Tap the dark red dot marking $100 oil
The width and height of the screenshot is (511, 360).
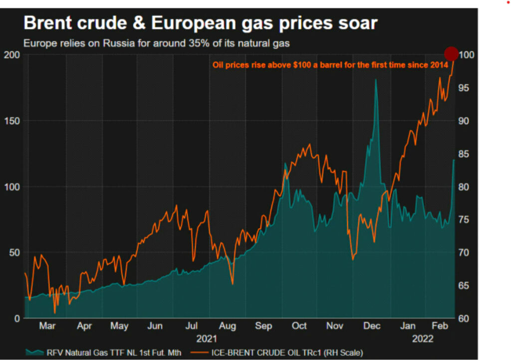[x=451, y=53]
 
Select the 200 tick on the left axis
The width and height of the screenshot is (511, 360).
[x=10, y=55]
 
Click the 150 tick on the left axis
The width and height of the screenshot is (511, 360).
[x=10, y=121]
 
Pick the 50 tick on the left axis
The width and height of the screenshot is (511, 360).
[x=12, y=253]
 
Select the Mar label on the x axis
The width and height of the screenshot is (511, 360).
[x=47, y=326]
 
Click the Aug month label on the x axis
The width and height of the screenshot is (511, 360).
[x=228, y=326]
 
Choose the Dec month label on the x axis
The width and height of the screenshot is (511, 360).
[x=372, y=326]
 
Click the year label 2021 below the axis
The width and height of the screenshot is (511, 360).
[x=207, y=339]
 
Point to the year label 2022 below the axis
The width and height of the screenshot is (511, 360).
[x=422, y=339]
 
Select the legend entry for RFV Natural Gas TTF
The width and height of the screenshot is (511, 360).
[x=100, y=353]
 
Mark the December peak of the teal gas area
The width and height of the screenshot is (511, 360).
[x=376, y=80]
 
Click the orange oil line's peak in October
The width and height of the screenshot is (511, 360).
[x=310, y=145]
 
